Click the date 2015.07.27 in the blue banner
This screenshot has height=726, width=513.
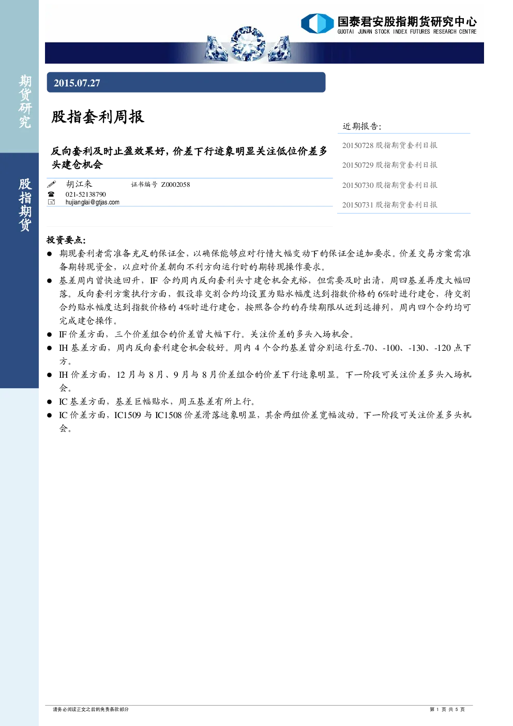coord(77,83)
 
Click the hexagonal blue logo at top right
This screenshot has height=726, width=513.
coord(317,23)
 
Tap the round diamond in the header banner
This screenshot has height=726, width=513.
coord(248,44)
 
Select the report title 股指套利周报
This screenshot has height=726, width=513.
coord(98,116)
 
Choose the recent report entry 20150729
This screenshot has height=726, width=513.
coord(389,165)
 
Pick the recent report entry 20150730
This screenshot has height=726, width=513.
coord(389,185)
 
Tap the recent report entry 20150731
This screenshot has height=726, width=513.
coord(389,205)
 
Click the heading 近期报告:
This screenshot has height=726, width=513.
coord(362,126)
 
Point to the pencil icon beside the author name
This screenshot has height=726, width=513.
coord(52,184)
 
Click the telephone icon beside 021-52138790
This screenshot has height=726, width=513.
coord(51,194)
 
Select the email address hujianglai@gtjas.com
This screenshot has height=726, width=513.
coord(92,202)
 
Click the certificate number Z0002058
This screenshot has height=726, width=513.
coord(175,185)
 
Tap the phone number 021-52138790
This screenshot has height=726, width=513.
coord(85,194)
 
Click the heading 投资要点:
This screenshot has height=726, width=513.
coord(66,240)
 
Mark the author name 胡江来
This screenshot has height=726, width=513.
coord(79,184)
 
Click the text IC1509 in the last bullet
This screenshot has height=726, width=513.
coord(128,415)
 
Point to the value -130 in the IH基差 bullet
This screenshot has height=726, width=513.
coord(416,348)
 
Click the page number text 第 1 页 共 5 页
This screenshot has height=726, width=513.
coord(447,709)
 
